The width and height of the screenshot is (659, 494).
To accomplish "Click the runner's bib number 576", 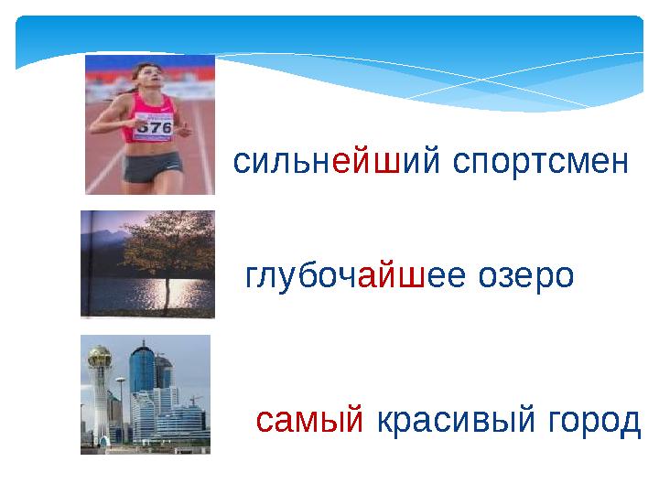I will click(x=154, y=127).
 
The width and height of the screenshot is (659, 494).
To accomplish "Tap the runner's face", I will click(x=149, y=77).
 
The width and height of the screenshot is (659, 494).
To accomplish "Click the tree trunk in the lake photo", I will click(x=166, y=293).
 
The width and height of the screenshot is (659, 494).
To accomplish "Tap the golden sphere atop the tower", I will click(x=100, y=358).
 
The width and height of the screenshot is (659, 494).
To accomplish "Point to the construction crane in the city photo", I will click(x=193, y=399).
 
